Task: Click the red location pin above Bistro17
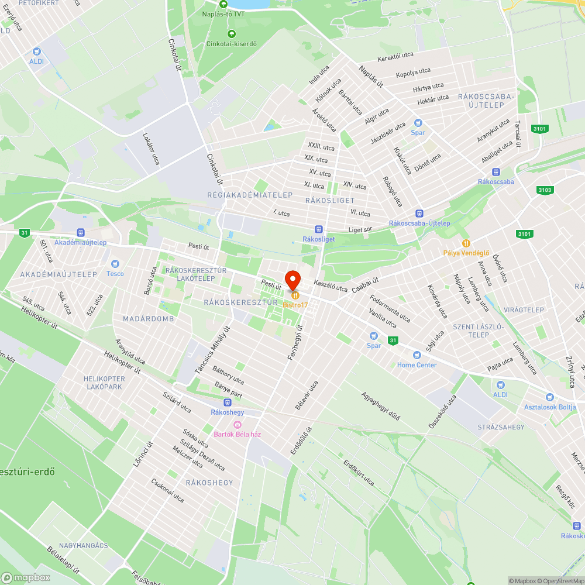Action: coord(292,279)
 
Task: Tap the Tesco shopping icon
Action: coord(115,264)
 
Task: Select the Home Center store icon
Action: coord(417,355)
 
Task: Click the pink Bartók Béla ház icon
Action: coord(237,425)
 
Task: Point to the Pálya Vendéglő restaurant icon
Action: coord(466,243)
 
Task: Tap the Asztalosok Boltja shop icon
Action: coord(549,397)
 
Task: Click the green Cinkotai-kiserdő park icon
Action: coord(232,34)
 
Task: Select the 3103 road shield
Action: coord(545,190)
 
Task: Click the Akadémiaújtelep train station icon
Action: coord(81,233)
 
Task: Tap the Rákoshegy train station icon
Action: coord(227,402)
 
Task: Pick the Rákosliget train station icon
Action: coord(318,229)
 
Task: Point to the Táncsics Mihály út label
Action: coord(211,350)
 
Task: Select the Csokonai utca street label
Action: coord(167,491)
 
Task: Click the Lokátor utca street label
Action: coord(151,148)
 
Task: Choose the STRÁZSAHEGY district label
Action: coord(501,427)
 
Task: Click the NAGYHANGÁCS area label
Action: coord(82,545)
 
